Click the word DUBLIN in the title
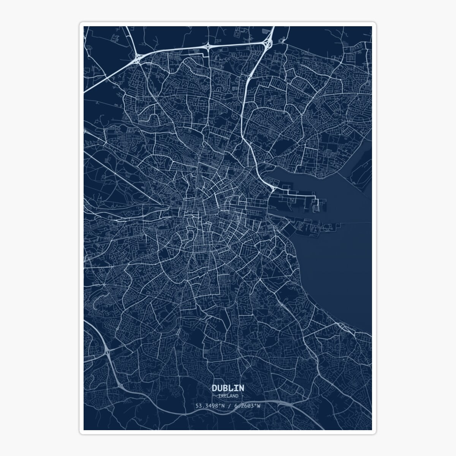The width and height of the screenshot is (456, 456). (228, 388)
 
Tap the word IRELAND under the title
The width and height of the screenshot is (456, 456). (228, 396)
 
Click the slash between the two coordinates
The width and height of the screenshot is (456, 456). (229, 405)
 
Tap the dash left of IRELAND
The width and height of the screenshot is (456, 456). (215, 396)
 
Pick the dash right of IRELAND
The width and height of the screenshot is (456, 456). (242, 396)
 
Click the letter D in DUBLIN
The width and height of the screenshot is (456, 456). (215, 388)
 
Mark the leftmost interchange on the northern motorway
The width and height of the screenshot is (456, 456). (138, 58)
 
